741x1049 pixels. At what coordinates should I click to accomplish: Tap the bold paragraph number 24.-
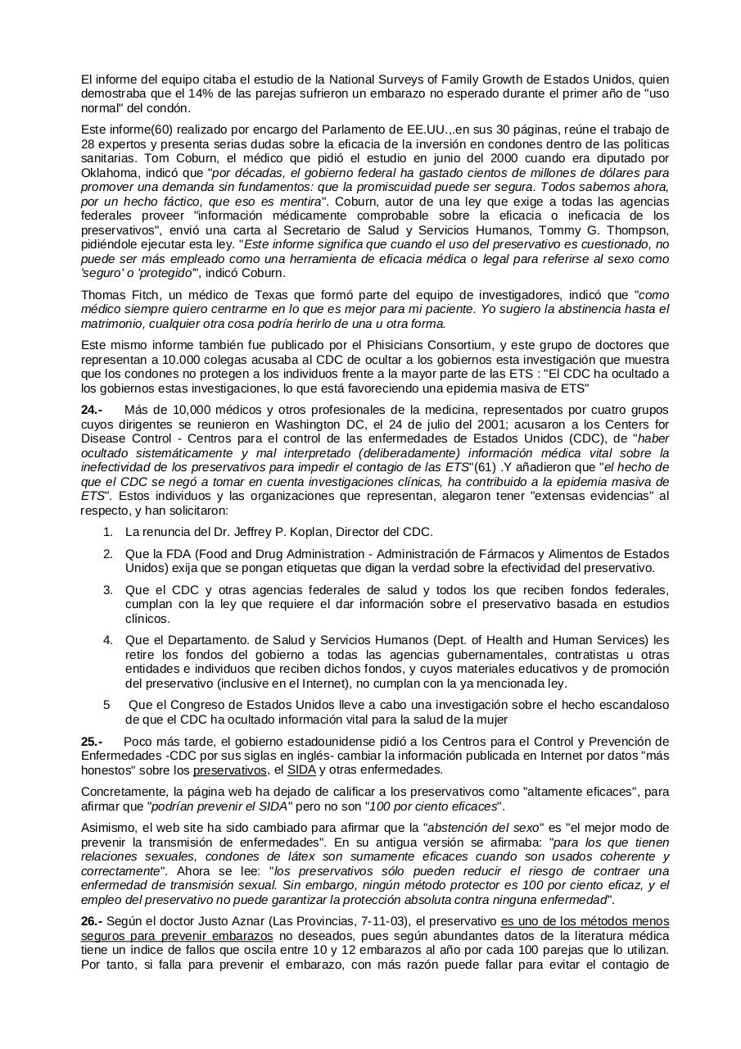coord(93,409)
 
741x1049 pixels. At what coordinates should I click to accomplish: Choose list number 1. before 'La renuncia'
coord(107,532)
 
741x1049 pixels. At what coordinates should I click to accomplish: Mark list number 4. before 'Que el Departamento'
coord(107,640)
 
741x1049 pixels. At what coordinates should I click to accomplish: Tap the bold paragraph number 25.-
coord(93,742)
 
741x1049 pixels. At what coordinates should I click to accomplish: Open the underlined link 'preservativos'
coord(230,770)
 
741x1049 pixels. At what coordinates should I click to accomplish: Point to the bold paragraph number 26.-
coord(93,921)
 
